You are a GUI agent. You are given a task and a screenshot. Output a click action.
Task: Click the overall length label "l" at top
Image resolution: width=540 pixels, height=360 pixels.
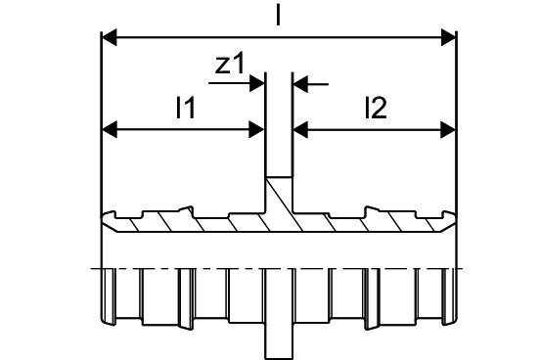[278, 16]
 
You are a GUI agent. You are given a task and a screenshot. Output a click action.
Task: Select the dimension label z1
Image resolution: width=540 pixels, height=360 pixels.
[229, 64]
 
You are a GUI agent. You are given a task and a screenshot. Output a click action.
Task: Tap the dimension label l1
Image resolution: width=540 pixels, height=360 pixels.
[185, 108]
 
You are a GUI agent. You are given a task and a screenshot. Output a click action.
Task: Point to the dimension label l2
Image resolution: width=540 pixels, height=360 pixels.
[376, 108]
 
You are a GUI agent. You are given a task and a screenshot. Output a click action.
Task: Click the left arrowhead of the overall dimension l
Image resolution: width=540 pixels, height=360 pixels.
[110, 37]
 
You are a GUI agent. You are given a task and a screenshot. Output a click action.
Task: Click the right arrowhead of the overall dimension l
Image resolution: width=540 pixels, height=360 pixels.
[448, 37]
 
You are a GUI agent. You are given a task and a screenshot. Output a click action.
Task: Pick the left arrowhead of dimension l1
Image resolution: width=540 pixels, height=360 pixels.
[110, 129]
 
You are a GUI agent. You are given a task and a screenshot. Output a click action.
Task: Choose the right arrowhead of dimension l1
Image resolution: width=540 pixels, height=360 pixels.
[256, 129]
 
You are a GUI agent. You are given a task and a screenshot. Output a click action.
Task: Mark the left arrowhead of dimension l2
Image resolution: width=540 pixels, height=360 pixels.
[300, 129]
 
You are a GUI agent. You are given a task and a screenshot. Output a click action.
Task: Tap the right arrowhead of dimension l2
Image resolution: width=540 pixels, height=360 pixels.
[448, 129]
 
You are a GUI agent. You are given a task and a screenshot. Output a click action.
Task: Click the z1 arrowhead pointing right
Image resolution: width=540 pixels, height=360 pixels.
[257, 83]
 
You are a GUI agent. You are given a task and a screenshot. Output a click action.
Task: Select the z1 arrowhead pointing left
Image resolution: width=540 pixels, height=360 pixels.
[300, 83]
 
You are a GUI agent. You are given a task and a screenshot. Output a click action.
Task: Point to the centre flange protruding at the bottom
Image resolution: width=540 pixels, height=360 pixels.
[279, 340]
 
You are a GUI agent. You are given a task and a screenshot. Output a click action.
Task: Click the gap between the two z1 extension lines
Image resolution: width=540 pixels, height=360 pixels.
[279, 124]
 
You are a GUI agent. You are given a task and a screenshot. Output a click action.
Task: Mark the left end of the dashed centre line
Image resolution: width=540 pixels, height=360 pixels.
[91, 268]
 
